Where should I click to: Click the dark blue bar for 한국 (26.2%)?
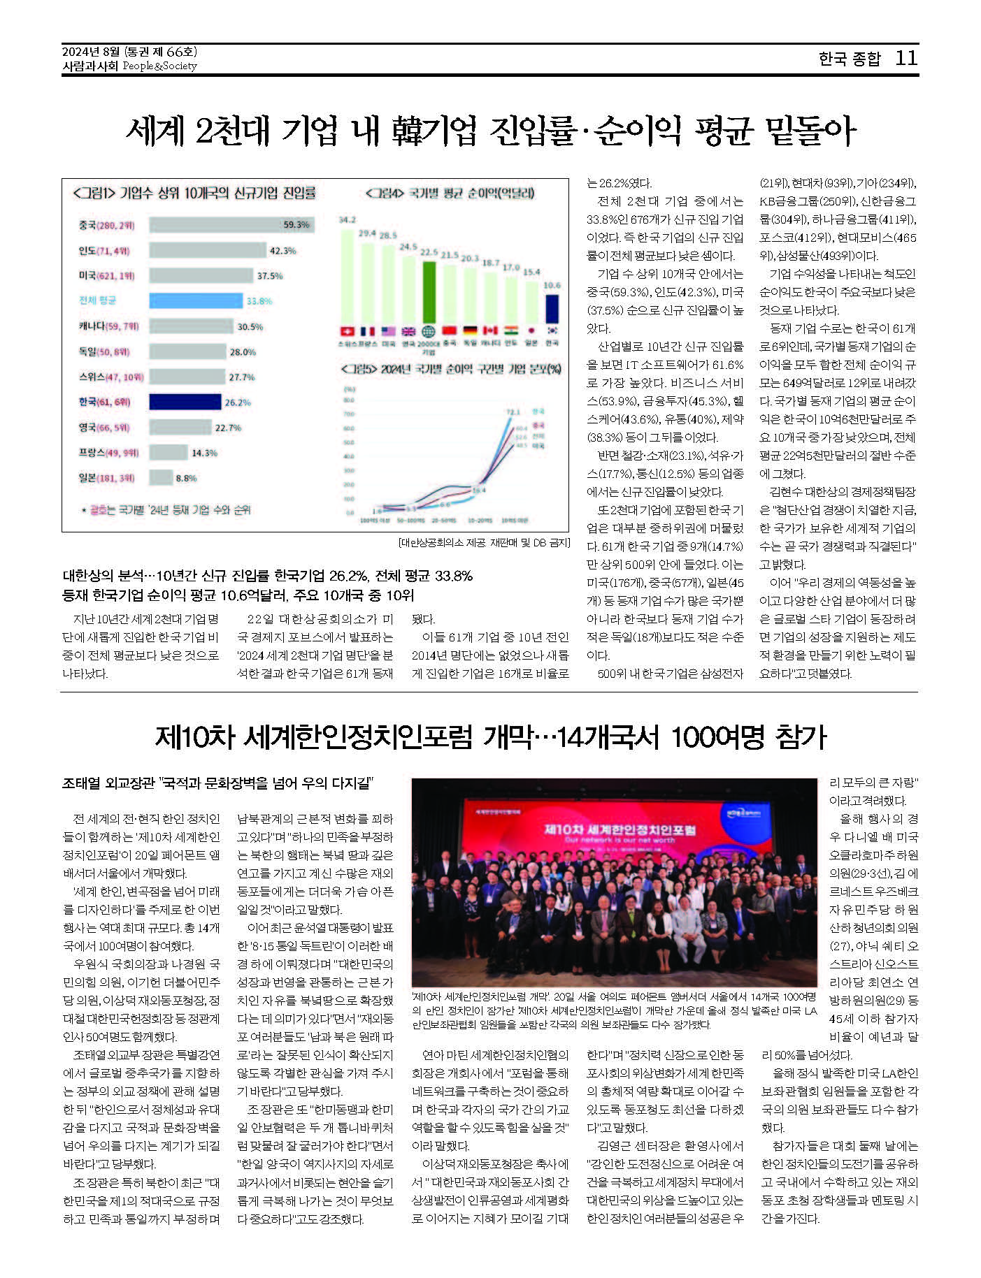point(185,402)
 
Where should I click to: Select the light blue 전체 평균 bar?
point(196,300)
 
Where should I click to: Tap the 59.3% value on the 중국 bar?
point(296,225)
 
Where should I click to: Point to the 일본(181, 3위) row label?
point(106,478)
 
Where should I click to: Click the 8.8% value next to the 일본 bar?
point(186,479)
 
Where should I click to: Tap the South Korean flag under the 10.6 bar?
point(552,331)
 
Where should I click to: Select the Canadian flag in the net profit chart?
point(490,331)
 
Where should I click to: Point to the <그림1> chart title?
point(194,193)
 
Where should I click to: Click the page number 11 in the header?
point(906,58)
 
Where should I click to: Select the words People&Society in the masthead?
point(159,66)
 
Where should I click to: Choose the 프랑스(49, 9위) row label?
point(108,453)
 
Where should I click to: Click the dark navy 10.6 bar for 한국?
point(552,309)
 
